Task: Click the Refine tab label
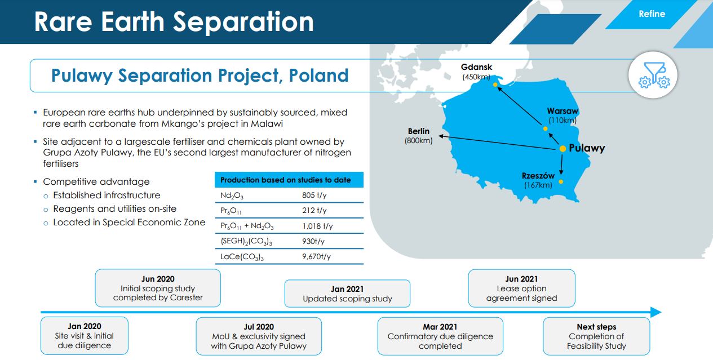pos(652,14)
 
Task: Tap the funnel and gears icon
pos(654,75)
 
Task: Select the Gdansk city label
pos(476,67)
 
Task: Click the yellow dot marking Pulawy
pos(563,149)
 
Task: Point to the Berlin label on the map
pos(419,131)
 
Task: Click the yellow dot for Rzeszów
pos(561,182)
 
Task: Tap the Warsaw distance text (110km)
pos(563,120)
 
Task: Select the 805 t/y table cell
pos(314,195)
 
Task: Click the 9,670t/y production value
pos(316,256)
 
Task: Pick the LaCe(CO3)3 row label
pos(242,257)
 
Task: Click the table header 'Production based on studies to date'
pos(286,180)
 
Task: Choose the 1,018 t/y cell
pos(317,226)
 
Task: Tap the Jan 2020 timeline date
pos(85,326)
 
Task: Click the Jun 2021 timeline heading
pos(521,279)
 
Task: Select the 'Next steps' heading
pos(596,327)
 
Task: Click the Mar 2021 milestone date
pos(440,327)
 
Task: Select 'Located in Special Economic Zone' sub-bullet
pos(129,223)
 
